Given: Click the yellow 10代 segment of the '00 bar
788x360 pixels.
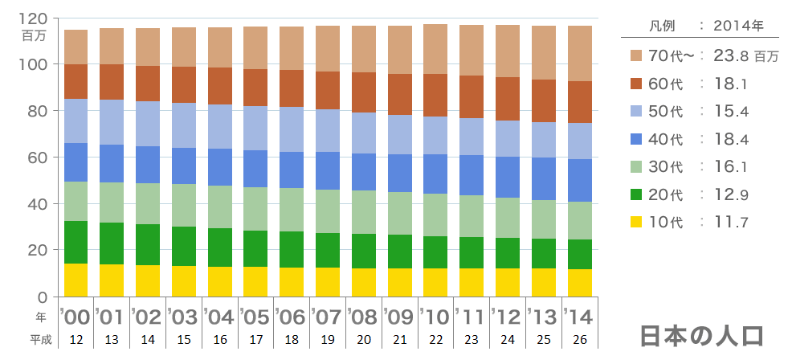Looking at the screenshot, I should click(x=76, y=280).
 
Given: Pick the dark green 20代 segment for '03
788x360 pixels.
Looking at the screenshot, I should click(x=184, y=246).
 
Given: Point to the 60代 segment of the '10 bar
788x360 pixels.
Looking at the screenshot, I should click(x=435, y=95).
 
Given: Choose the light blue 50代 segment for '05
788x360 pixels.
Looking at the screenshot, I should click(x=255, y=128).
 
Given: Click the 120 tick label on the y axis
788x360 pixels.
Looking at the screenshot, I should click(x=37, y=18).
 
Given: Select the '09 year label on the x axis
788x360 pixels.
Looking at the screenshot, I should click(x=399, y=316).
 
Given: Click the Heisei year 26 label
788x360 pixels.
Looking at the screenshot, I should click(x=580, y=340).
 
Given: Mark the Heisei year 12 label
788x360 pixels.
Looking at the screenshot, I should click(x=76, y=340).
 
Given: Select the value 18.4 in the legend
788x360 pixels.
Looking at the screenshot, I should click(x=732, y=139).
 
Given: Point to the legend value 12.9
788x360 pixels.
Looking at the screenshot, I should click(x=732, y=194).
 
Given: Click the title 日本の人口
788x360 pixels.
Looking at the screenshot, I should click(x=701, y=335).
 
